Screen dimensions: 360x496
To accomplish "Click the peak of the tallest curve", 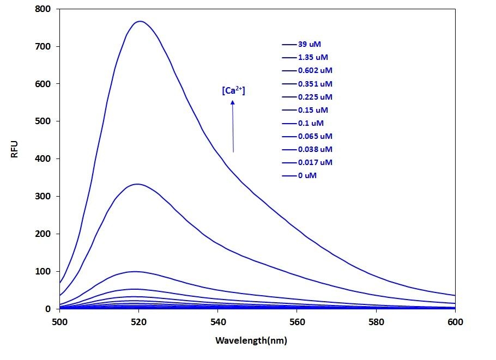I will pos(141,22).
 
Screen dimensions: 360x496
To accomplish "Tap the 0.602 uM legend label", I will pos(315,71).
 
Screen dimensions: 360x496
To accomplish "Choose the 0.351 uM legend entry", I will pos(315,84).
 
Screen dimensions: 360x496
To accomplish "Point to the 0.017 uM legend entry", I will pos(315,162).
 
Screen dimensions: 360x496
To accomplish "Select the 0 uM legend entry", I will pos(307,175).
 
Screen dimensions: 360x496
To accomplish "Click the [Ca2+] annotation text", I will pos(233,91).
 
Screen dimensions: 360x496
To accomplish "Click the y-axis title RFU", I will pos(15,149).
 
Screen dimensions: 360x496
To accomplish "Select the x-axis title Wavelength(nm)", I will pos(251,341).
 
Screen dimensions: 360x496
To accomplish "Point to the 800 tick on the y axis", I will pos(43,9).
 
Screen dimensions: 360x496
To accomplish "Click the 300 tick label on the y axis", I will pos(43,196).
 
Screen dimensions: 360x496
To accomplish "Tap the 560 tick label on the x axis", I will pos(297,322).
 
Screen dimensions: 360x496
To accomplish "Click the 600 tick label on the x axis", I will pos(455,322).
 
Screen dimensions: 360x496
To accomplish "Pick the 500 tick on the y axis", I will pos(43,121).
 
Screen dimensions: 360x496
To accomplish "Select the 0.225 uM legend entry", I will pos(315,97).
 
